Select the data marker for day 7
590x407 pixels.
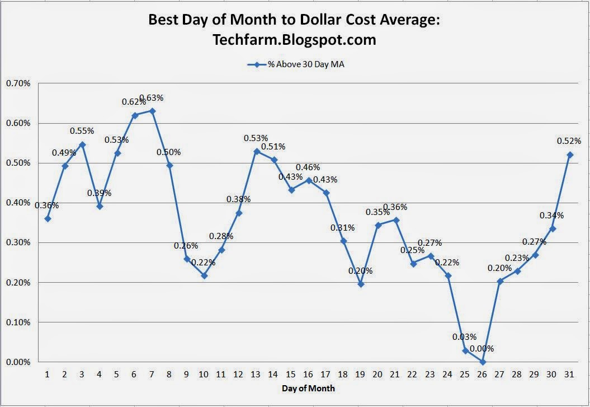(152, 111)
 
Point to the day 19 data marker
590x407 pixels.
(361, 284)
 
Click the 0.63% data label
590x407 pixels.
(151, 98)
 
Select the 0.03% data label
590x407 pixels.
(465, 337)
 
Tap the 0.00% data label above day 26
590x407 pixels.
(482, 348)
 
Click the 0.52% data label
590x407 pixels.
(569, 141)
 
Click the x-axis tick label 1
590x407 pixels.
(48, 373)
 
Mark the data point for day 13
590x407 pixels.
(257, 151)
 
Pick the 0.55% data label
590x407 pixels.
(82, 130)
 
